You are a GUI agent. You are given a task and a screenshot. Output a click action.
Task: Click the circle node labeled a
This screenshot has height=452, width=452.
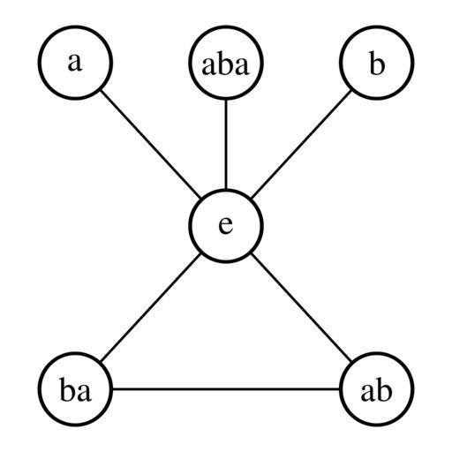tap(75, 63)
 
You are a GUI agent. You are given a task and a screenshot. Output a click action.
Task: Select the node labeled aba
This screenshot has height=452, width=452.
tap(226, 63)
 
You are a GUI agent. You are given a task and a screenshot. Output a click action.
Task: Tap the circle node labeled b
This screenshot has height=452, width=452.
tap(377, 63)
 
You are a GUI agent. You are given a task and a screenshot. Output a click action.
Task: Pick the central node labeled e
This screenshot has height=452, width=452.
tap(226, 226)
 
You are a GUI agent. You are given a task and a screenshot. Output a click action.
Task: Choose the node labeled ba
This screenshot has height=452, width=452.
tap(75, 389)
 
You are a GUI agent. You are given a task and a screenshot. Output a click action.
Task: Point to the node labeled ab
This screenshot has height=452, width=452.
tap(377, 389)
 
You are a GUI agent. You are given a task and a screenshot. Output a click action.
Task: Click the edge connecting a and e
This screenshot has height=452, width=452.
tap(151, 144)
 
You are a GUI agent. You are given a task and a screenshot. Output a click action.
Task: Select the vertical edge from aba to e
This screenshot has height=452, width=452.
tap(226, 144)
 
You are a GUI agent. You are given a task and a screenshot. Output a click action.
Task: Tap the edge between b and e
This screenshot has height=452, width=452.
tap(301, 144)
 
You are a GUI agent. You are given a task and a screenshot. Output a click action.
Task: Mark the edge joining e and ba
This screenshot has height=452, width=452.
tap(151, 307)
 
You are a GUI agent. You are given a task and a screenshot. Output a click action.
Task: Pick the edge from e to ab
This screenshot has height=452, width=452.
tap(301, 307)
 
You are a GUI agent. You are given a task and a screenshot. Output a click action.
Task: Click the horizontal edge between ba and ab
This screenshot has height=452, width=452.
tap(226, 389)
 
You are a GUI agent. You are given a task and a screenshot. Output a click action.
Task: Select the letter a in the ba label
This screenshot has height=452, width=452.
tap(84, 393)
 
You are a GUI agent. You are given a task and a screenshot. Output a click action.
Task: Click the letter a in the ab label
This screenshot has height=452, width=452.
tap(368, 393)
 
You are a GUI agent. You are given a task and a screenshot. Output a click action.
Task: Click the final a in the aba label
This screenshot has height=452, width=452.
tap(242, 66)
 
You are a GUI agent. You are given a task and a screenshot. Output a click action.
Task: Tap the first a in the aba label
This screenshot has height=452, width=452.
tap(209, 66)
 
